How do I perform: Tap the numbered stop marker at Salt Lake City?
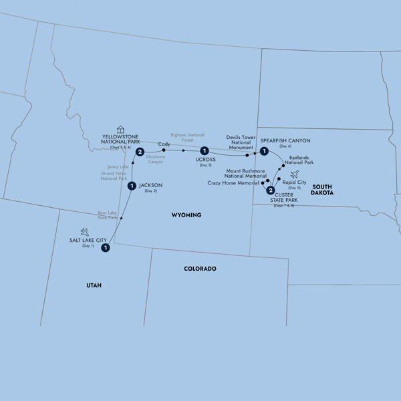[106, 248]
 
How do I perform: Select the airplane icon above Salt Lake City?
[85, 231]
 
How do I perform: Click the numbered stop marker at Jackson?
[132, 186]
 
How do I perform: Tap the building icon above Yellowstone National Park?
[120, 129]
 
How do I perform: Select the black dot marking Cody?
[164, 150]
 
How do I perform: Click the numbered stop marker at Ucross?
[204, 151]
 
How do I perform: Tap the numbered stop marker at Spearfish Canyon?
[265, 152]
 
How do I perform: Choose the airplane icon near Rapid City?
[294, 174]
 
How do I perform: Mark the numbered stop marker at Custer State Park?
[271, 190]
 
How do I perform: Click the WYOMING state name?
[186, 215]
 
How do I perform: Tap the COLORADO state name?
[200, 269]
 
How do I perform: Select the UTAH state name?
[94, 285]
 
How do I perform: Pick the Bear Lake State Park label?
[108, 215]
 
